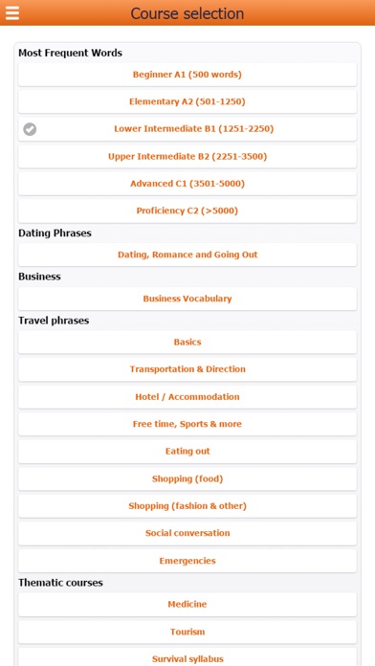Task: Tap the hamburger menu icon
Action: pyautogui.click(x=12, y=13)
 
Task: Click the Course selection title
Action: pyautogui.click(x=187, y=13)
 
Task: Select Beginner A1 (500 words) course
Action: pyautogui.click(x=187, y=74)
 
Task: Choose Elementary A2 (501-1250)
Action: pyautogui.click(x=187, y=101)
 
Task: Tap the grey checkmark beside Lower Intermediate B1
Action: pyautogui.click(x=30, y=128)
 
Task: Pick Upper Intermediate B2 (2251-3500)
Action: pyautogui.click(x=187, y=156)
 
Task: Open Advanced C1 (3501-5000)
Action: pyautogui.click(x=187, y=183)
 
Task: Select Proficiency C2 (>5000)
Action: pyautogui.click(x=187, y=211)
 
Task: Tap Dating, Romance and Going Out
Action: pyautogui.click(x=187, y=255)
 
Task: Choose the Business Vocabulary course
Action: pyautogui.click(x=187, y=299)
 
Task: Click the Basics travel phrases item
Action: pyautogui.click(x=187, y=342)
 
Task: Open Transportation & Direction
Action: pyautogui.click(x=187, y=369)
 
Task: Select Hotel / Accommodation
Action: pyautogui.click(x=187, y=396)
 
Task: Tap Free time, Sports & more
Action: pyautogui.click(x=187, y=424)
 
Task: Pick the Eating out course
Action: pyautogui.click(x=187, y=451)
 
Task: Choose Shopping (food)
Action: pyautogui.click(x=187, y=478)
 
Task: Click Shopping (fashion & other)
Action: pyautogui.click(x=187, y=506)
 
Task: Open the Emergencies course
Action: pyautogui.click(x=187, y=561)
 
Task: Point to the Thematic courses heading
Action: pyautogui.click(x=60, y=582)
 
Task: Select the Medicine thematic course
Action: pyautogui.click(x=187, y=604)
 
